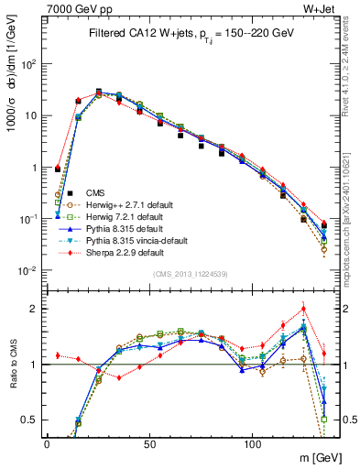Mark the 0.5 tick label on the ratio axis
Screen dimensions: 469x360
pyautogui.click(x=29, y=420)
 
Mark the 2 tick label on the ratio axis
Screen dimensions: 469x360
pyautogui.click(x=35, y=309)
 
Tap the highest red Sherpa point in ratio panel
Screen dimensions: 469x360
pyautogui.click(x=303, y=309)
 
